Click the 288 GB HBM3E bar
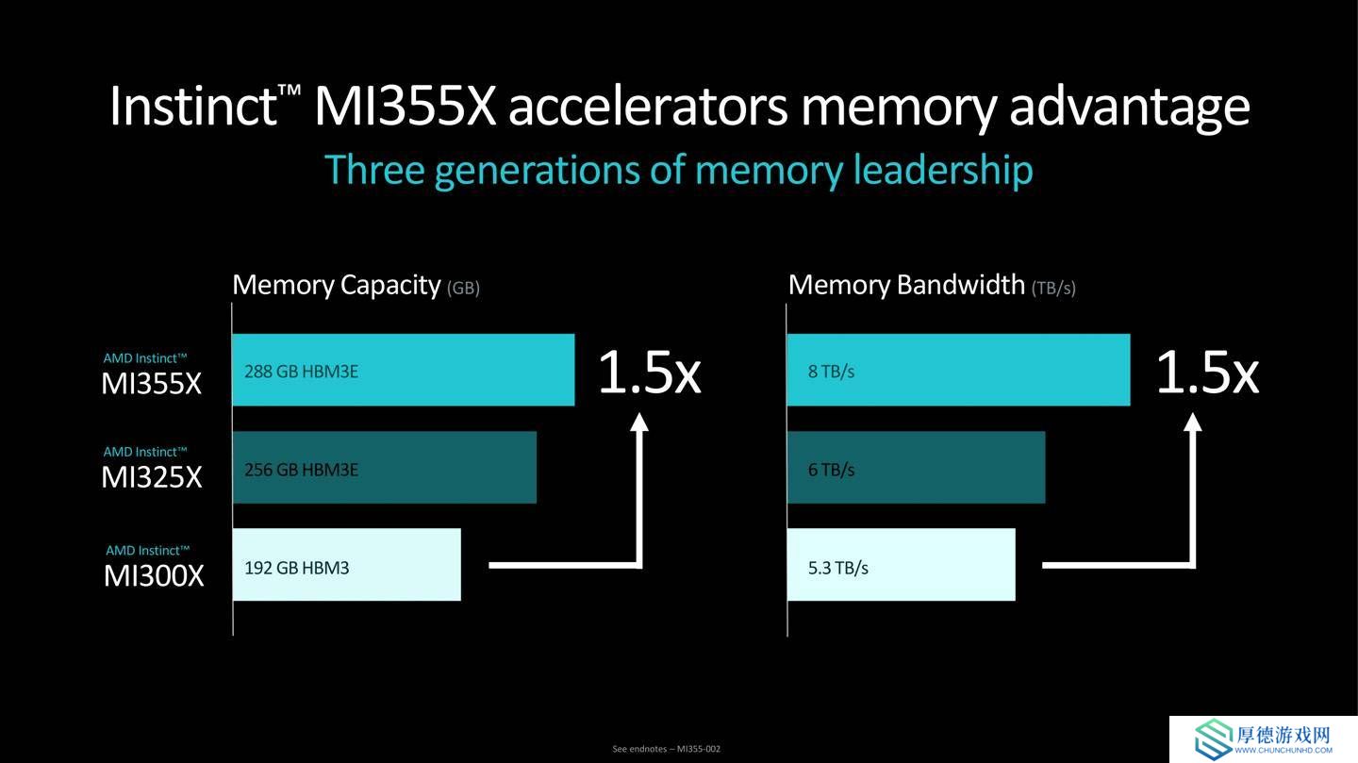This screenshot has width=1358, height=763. (404, 370)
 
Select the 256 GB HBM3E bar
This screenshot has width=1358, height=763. (385, 468)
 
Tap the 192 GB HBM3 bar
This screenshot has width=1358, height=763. (347, 565)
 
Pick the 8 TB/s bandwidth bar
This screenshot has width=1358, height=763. (958, 370)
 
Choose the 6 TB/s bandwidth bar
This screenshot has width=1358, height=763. (916, 468)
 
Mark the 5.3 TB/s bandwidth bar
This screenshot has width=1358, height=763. (902, 565)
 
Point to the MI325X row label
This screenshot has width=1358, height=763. (151, 469)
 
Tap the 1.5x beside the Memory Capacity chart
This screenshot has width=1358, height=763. (649, 372)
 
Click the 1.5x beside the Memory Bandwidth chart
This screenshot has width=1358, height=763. (1207, 372)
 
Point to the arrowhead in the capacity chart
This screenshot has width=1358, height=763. (639, 423)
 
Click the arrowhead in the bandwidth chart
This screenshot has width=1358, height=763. (1192, 423)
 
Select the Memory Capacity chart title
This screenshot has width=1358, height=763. (337, 285)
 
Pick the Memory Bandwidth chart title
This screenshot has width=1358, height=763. (906, 285)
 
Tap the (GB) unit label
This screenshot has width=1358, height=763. (463, 288)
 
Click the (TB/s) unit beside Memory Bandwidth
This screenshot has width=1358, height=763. (1053, 288)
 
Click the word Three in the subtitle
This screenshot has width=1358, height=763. (374, 169)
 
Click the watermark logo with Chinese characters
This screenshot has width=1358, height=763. (1264, 738)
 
